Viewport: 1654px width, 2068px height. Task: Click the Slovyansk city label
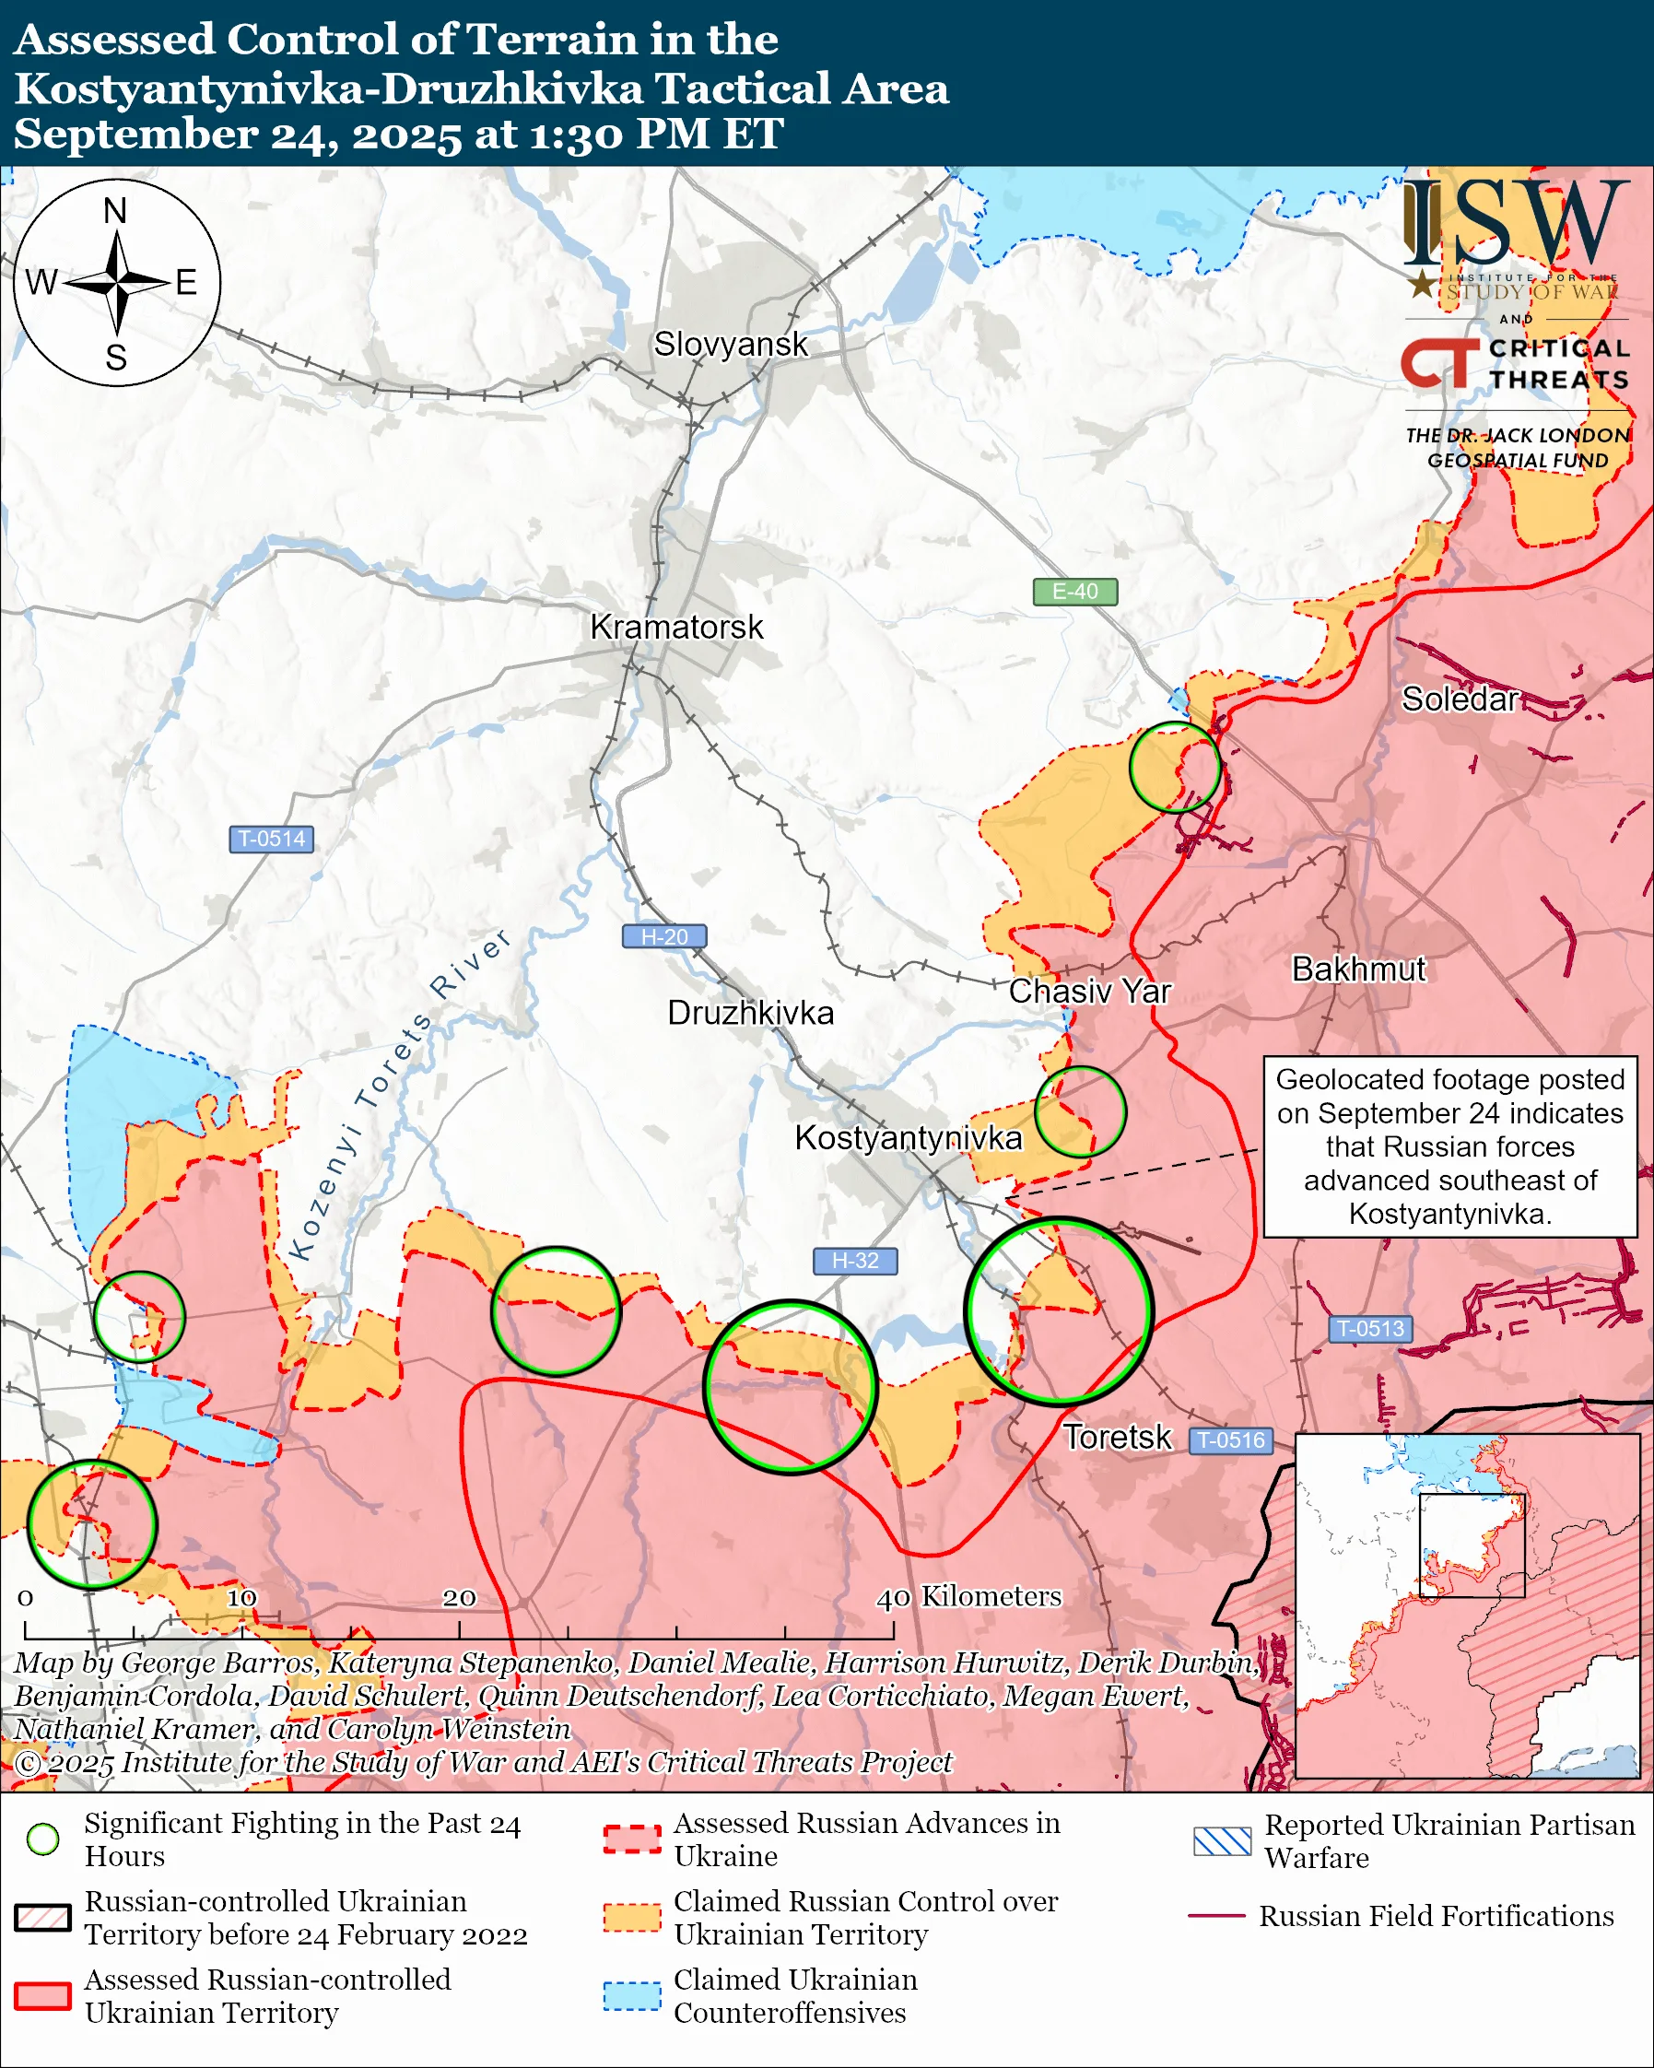click(x=731, y=345)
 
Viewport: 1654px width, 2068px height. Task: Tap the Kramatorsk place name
click(x=676, y=628)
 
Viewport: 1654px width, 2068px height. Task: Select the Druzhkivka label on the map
click(x=750, y=1013)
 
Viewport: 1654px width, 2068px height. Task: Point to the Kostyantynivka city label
click(x=908, y=1137)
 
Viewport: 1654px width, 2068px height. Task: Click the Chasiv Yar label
click(x=1089, y=991)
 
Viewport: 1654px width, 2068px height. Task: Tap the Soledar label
click(x=1460, y=699)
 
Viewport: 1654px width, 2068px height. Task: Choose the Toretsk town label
click(x=1117, y=1437)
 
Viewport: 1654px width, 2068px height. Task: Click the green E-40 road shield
click(x=1074, y=592)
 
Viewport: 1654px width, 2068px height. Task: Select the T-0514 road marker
click(x=271, y=839)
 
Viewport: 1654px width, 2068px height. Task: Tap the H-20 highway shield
click(x=664, y=936)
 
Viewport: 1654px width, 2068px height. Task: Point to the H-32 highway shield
click(x=855, y=1261)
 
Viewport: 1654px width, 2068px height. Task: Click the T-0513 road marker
click(x=1370, y=1329)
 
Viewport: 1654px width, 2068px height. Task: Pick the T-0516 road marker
click(x=1232, y=1439)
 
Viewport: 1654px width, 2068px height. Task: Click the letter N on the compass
click(x=115, y=211)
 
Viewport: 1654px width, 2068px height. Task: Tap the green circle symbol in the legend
click(x=43, y=1839)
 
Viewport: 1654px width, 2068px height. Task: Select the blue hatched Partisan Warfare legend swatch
click(x=1222, y=1841)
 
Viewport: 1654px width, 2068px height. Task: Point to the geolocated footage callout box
click(x=1449, y=1146)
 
